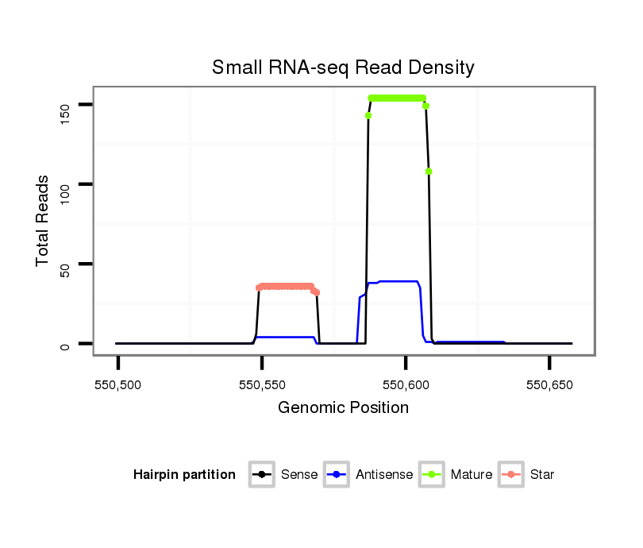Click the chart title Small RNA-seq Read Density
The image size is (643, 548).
pos(343,68)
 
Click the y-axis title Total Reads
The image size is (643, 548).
pos(44,221)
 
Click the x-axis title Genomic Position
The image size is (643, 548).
pos(343,408)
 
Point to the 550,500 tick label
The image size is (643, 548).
pos(118,385)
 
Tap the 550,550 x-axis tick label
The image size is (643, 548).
pos(262,385)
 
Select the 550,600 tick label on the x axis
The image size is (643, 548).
pos(406,385)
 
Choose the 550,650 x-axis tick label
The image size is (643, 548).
pos(549,385)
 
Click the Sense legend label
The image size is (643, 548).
pos(299,475)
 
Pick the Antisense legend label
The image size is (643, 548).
pos(384,475)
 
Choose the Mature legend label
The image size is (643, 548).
pos(472,475)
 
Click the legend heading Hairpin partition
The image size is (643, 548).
pos(184,475)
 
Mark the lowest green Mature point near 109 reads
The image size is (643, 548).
pos(429,172)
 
